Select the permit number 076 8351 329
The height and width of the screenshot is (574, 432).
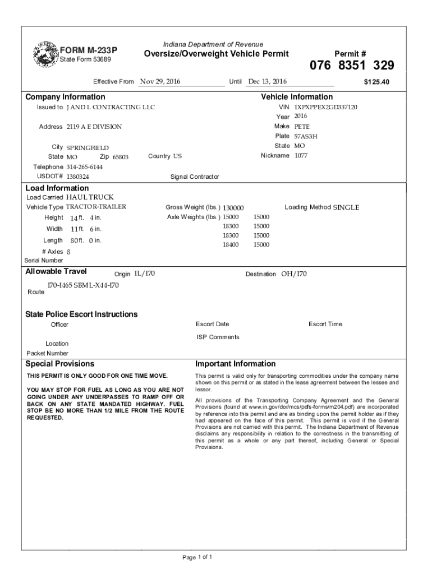click(x=352, y=66)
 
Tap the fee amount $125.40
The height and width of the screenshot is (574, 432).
click(x=376, y=82)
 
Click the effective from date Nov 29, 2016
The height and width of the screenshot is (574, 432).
click(x=160, y=82)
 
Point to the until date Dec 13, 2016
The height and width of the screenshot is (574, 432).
click(x=267, y=82)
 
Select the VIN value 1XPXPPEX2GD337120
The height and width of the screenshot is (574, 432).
click(x=325, y=107)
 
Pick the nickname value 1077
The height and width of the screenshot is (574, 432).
click(x=301, y=156)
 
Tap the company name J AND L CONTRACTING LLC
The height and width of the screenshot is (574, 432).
click(x=111, y=107)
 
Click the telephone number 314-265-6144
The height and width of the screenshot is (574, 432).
click(x=85, y=167)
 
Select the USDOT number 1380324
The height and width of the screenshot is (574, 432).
click(x=78, y=177)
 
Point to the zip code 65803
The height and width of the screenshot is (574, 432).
click(x=121, y=158)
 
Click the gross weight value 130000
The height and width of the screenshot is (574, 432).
click(x=233, y=208)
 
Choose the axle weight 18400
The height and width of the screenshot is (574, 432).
click(x=231, y=245)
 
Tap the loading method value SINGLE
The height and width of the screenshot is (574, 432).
click(x=346, y=208)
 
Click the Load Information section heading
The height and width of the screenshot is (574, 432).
click(x=57, y=188)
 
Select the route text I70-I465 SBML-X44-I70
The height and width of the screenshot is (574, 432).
click(x=82, y=285)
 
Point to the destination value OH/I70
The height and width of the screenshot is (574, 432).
click(x=294, y=274)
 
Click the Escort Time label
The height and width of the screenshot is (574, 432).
click(x=325, y=324)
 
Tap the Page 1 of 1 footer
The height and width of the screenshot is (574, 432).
click(x=197, y=557)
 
